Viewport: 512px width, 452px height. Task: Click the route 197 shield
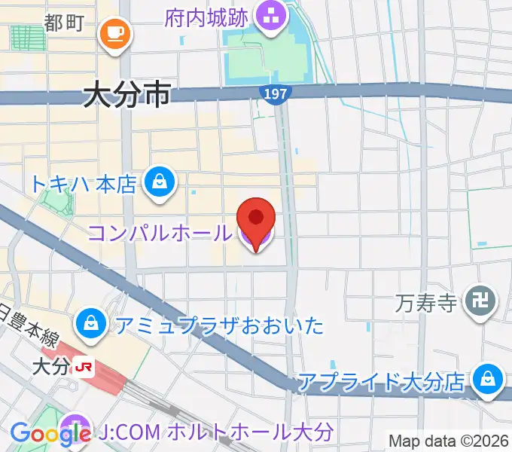coord(275,92)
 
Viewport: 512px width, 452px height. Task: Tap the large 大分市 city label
coord(127,96)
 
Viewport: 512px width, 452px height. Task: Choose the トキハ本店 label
coord(83,182)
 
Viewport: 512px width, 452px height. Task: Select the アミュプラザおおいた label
coord(219,325)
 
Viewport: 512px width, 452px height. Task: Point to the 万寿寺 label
coord(426,304)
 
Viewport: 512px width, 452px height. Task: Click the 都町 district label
coord(63,23)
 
